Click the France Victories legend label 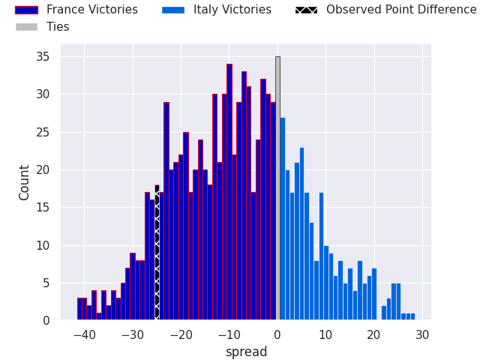point(91,10)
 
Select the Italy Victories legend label point(232,10)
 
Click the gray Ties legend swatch point(26,27)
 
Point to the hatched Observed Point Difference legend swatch point(306,10)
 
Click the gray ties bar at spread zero point(277,187)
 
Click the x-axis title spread point(246,352)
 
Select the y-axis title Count point(25,182)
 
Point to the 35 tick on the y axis point(44,57)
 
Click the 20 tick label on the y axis point(44,170)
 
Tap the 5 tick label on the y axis point(47,283)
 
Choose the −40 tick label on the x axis point(85,334)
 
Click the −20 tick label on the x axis point(181,334)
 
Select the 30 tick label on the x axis point(422,334)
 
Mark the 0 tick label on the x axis point(277,334)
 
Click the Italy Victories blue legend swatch point(172,10)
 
